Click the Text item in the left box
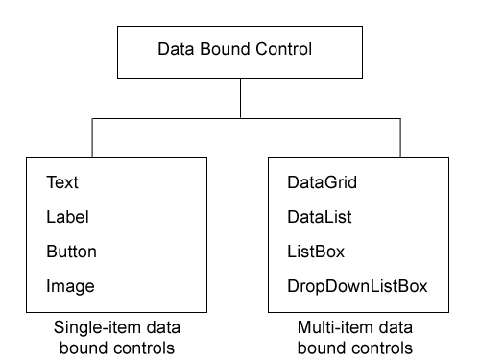coord(61,180)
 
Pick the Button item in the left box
coord(71,252)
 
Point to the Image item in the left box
coord(69,286)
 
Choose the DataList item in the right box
coord(319,217)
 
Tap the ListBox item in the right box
coord(314,252)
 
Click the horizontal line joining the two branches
coord(163,119)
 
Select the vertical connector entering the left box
coord(91,138)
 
